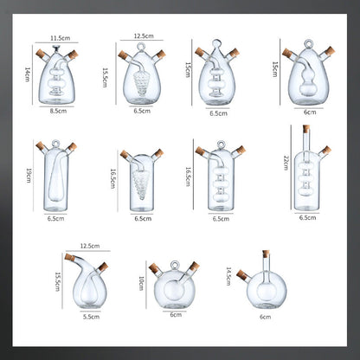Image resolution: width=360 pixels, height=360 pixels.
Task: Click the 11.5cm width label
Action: (x=60, y=38)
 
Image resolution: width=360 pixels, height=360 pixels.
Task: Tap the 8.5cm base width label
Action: (x=59, y=111)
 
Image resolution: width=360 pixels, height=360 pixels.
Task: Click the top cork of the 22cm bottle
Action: (x=305, y=130)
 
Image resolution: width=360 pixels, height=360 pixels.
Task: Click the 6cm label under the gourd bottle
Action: (x=309, y=112)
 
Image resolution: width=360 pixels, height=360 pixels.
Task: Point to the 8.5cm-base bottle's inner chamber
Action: (x=59, y=82)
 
